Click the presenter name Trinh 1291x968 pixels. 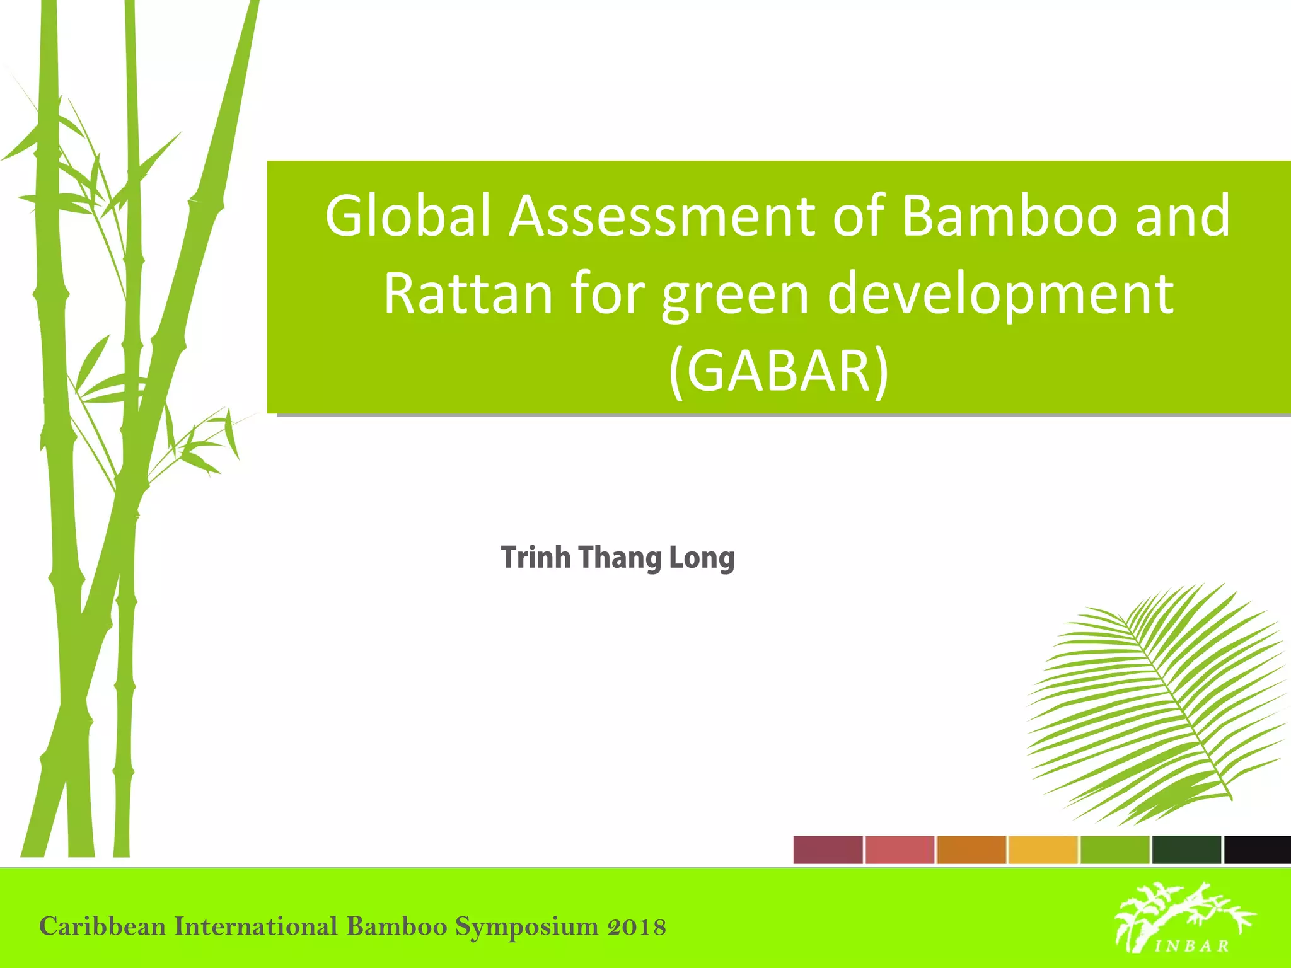pos(536,558)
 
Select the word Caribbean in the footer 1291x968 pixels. pos(102,927)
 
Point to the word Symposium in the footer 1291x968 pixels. pos(527,927)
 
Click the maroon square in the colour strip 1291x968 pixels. pos(828,850)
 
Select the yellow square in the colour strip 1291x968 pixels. pos(1043,850)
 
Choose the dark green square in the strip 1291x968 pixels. pos(1186,850)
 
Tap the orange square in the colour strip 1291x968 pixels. pos(971,850)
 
